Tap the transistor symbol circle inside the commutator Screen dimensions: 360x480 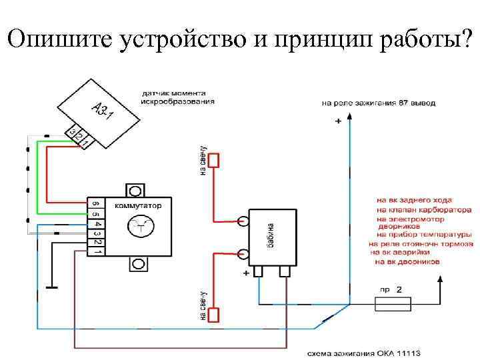[x=141, y=227]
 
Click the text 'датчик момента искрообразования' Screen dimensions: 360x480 [x=177, y=97]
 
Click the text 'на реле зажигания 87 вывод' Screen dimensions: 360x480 [x=378, y=103]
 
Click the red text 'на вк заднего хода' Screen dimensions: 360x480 [x=413, y=199]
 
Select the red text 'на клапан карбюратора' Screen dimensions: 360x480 [x=414, y=209]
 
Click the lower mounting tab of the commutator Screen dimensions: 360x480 [x=138, y=265]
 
